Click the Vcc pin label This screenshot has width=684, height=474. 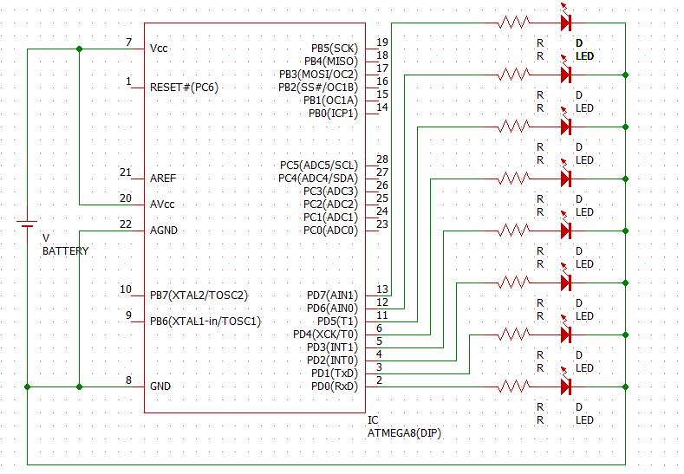pyautogui.click(x=160, y=48)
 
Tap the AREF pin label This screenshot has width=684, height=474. pyautogui.click(x=163, y=178)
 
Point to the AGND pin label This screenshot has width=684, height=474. pyautogui.click(x=165, y=231)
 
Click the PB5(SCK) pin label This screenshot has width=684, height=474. pyautogui.click(x=334, y=48)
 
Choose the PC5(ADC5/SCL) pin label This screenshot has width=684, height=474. pyautogui.click(x=318, y=165)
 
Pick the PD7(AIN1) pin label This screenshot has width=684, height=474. pyautogui.click(x=331, y=295)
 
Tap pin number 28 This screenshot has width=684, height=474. pyautogui.click(x=382, y=159)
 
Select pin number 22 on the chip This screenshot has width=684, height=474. pyautogui.click(x=126, y=225)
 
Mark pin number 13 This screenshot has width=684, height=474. pyautogui.click(x=382, y=289)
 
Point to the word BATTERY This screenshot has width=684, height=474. pyautogui.click(x=66, y=251)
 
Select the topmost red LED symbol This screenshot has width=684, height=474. pyautogui.click(x=567, y=23)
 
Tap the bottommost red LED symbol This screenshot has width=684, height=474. pyautogui.click(x=567, y=386)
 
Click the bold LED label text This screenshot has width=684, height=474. pyautogui.click(x=585, y=56)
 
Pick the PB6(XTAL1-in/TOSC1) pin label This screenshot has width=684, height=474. pyautogui.click(x=205, y=321)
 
